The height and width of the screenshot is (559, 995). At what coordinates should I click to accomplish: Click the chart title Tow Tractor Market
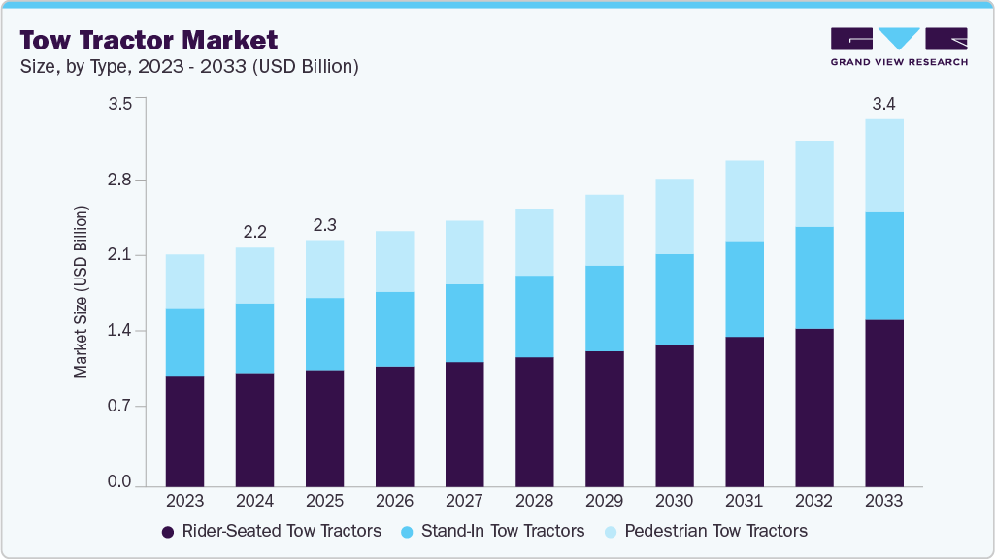tap(149, 40)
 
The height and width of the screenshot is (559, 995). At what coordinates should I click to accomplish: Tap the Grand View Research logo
tap(898, 46)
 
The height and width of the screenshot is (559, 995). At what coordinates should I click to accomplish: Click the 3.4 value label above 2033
tap(883, 103)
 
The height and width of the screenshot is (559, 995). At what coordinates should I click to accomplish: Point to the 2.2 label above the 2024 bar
tap(254, 232)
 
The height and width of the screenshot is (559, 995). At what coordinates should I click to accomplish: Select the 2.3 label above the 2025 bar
tap(324, 224)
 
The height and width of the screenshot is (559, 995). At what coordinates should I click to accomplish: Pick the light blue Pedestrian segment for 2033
tap(883, 165)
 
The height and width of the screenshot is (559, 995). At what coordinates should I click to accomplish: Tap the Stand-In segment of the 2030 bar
tap(674, 299)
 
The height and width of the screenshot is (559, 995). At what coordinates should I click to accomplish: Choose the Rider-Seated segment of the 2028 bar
tap(534, 421)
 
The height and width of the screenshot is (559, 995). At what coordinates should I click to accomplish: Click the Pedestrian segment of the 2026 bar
tap(394, 261)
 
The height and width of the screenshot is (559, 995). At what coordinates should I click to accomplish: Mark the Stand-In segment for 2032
tap(813, 278)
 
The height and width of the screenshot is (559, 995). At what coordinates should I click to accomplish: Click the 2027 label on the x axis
tap(464, 502)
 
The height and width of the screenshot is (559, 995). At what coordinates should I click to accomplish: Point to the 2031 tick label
tap(744, 502)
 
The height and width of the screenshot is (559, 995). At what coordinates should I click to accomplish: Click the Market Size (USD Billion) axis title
tap(82, 291)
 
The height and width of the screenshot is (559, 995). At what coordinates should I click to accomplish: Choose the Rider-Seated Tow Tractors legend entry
tap(271, 531)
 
